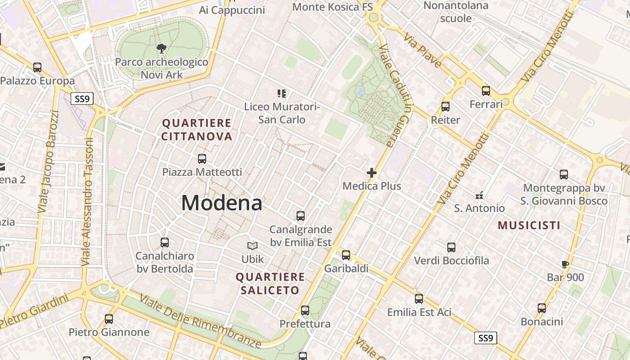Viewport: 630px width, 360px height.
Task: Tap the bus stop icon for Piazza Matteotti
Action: [x=202, y=158]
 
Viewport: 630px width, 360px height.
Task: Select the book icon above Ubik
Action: [x=252, y=246]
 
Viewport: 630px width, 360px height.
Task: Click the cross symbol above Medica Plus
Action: [x=372, y=172]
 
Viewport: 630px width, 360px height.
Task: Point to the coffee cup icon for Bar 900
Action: [x=566, y=264]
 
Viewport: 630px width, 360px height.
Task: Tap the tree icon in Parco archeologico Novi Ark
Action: [x=161, y=48]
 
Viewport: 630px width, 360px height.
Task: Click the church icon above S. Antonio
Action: [x=479, y=195]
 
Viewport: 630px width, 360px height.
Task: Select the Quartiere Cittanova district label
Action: [x=197, y=130]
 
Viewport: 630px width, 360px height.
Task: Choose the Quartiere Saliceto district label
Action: [x=270, y=283]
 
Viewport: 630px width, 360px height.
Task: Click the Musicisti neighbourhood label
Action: [x=529, y=225]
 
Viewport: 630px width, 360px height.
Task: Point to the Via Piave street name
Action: [x=423, y=50]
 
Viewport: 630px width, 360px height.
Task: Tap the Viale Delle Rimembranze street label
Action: [x=200, y=321]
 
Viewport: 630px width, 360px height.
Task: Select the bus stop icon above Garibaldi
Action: [x=346, y=255]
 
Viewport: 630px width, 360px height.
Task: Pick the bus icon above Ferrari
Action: [x=486, y=91]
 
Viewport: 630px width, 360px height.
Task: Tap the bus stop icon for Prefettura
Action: [x=305, y=310]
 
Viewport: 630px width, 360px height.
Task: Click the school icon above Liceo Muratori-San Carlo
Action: [x=282, y=94]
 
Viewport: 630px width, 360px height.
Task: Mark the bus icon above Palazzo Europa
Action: [x=37, y=67]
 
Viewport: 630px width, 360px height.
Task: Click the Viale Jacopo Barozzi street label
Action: [x=49, y=162]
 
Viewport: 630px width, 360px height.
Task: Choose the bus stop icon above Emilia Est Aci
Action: [x=419, y=298]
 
